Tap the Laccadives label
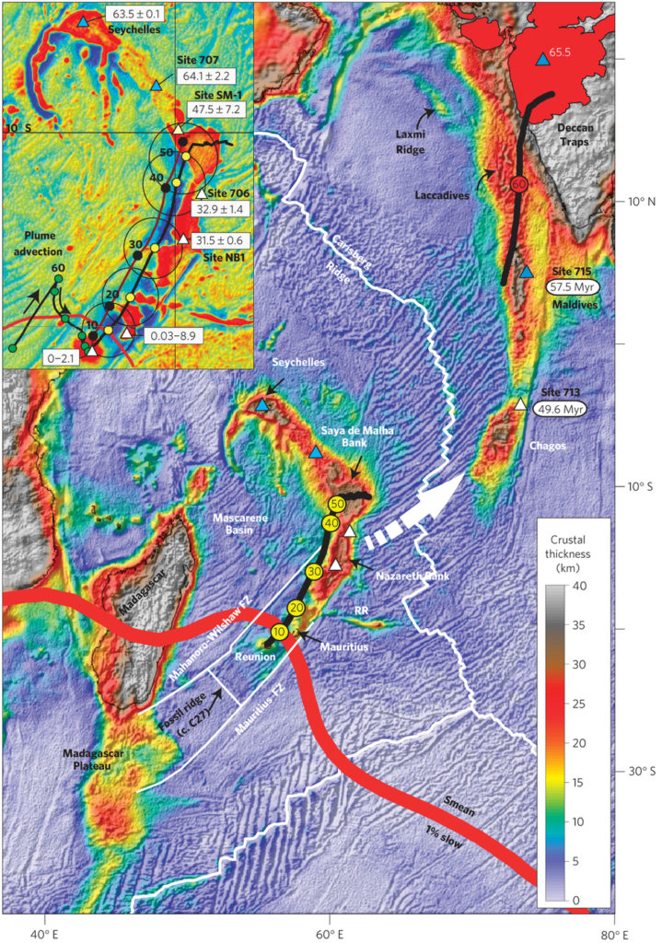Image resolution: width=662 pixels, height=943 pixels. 452,195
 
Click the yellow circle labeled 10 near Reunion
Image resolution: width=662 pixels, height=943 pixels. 279,630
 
